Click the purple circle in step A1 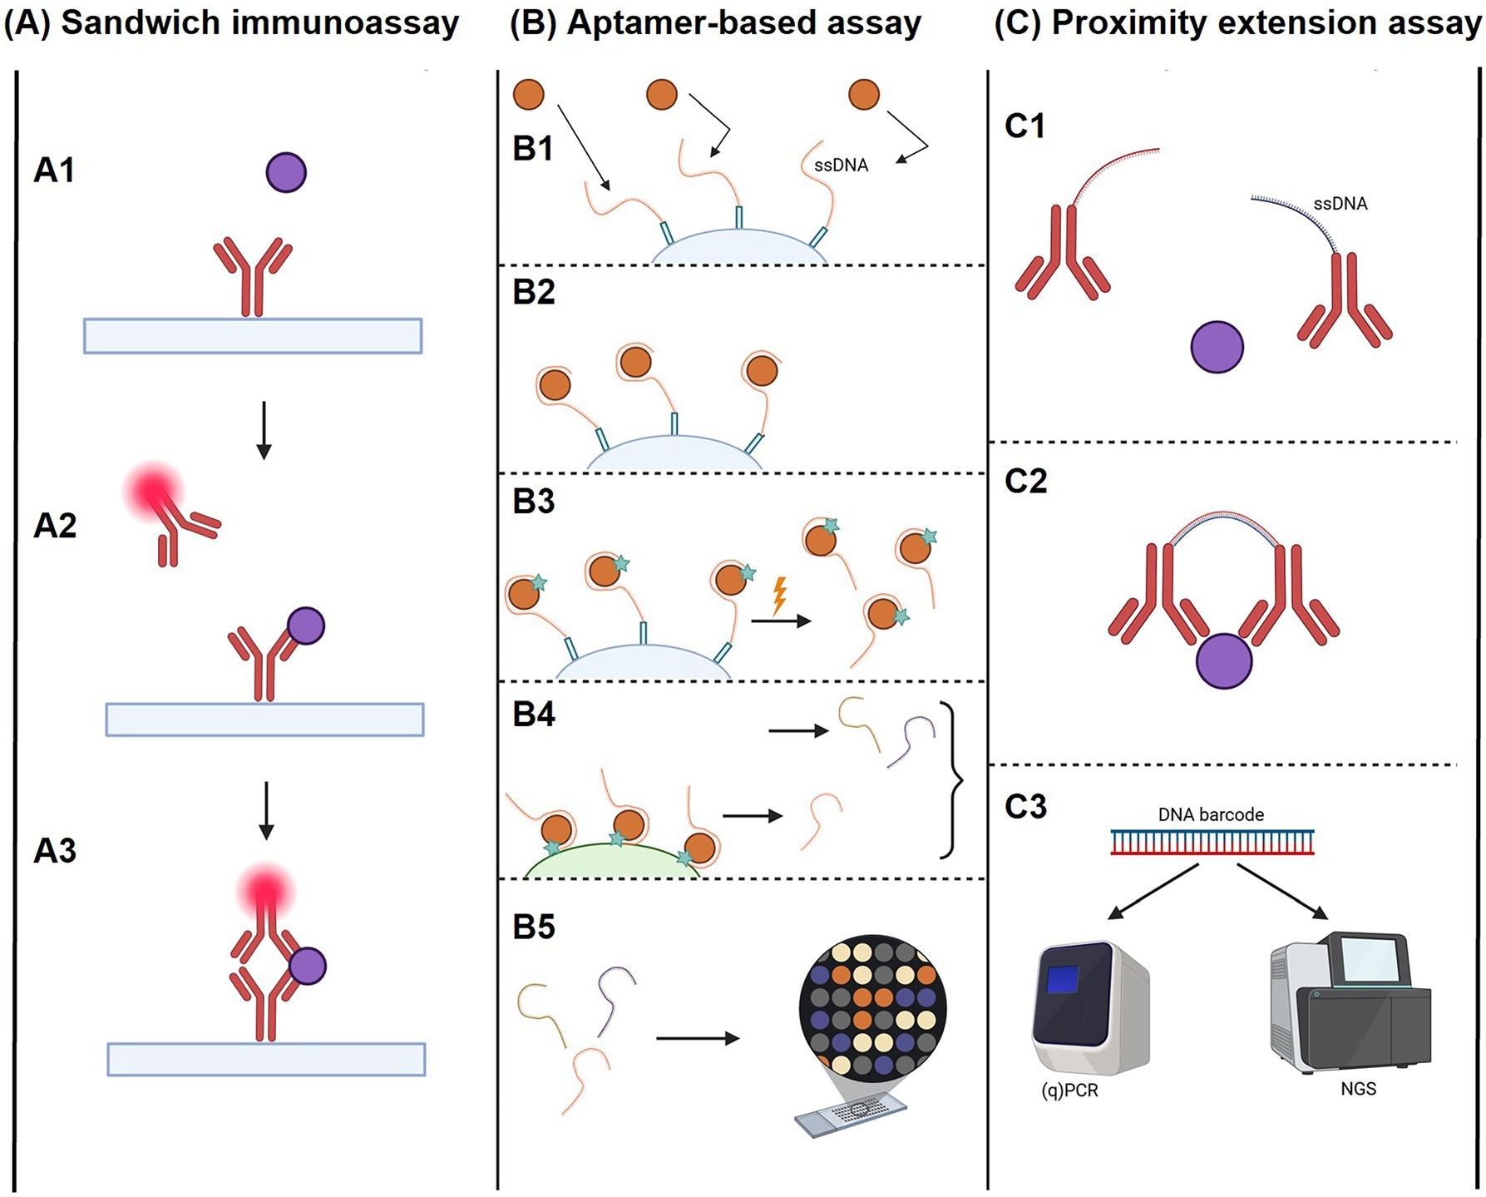(286, 173)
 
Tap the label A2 (55, 526)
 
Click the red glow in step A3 (265, 891)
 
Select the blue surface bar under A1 (253, 336)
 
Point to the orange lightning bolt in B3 (779, 596)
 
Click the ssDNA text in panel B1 (841, 166)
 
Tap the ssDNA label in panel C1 (1340, 204)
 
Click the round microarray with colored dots (872, 1007)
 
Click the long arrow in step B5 (697, 1038)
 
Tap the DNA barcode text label (1211, 815)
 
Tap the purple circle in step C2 (1223, 661)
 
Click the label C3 (1025, 807)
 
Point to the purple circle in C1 (1217, 347)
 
